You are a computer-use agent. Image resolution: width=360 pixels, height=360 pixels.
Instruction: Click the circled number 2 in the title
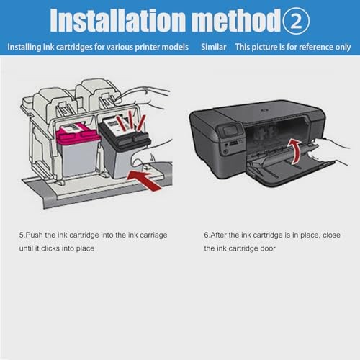(296, 20)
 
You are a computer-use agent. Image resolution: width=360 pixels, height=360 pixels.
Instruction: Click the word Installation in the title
(118, 20)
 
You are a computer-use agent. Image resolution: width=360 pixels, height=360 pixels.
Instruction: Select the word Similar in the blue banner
(214, 47)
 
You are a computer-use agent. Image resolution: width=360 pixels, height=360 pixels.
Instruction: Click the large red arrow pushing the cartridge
(144, 180)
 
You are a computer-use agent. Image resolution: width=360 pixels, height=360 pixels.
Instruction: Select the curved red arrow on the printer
(295, 151)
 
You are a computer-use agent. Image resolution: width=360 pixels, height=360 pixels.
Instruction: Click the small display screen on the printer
(230, 131)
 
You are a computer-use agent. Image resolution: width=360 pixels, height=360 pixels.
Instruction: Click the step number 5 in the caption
(21, 235)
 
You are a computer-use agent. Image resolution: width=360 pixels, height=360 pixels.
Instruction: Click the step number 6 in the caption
(206, 235)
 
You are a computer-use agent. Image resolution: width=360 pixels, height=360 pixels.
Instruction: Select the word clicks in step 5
(50, 248)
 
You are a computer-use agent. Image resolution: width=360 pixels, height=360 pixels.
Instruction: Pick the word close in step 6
(331, 235)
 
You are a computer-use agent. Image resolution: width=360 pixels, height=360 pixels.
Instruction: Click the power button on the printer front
(225, 151)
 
